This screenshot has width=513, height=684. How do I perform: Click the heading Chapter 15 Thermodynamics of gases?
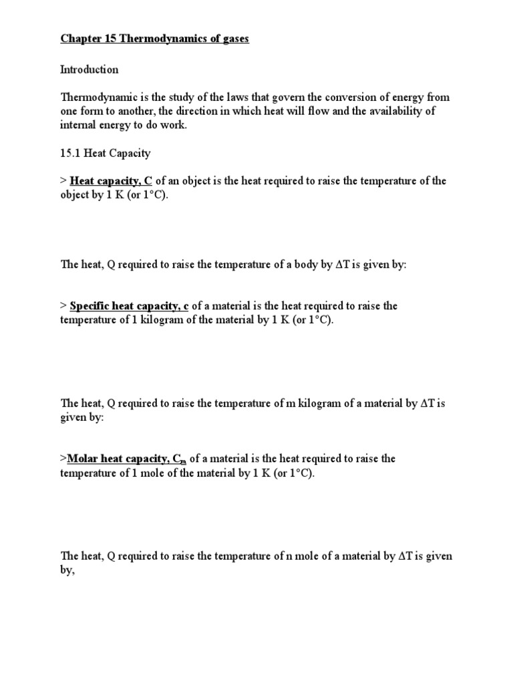coord(154,39)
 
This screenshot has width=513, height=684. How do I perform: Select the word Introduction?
coord(90,69)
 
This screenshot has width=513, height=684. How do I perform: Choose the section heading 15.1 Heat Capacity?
coord(106,153)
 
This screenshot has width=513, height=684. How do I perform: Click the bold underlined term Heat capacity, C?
coord(111,180)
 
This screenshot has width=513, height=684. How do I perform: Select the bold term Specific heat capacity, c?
coord(129,306)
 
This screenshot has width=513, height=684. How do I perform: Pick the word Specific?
coord(92,306)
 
